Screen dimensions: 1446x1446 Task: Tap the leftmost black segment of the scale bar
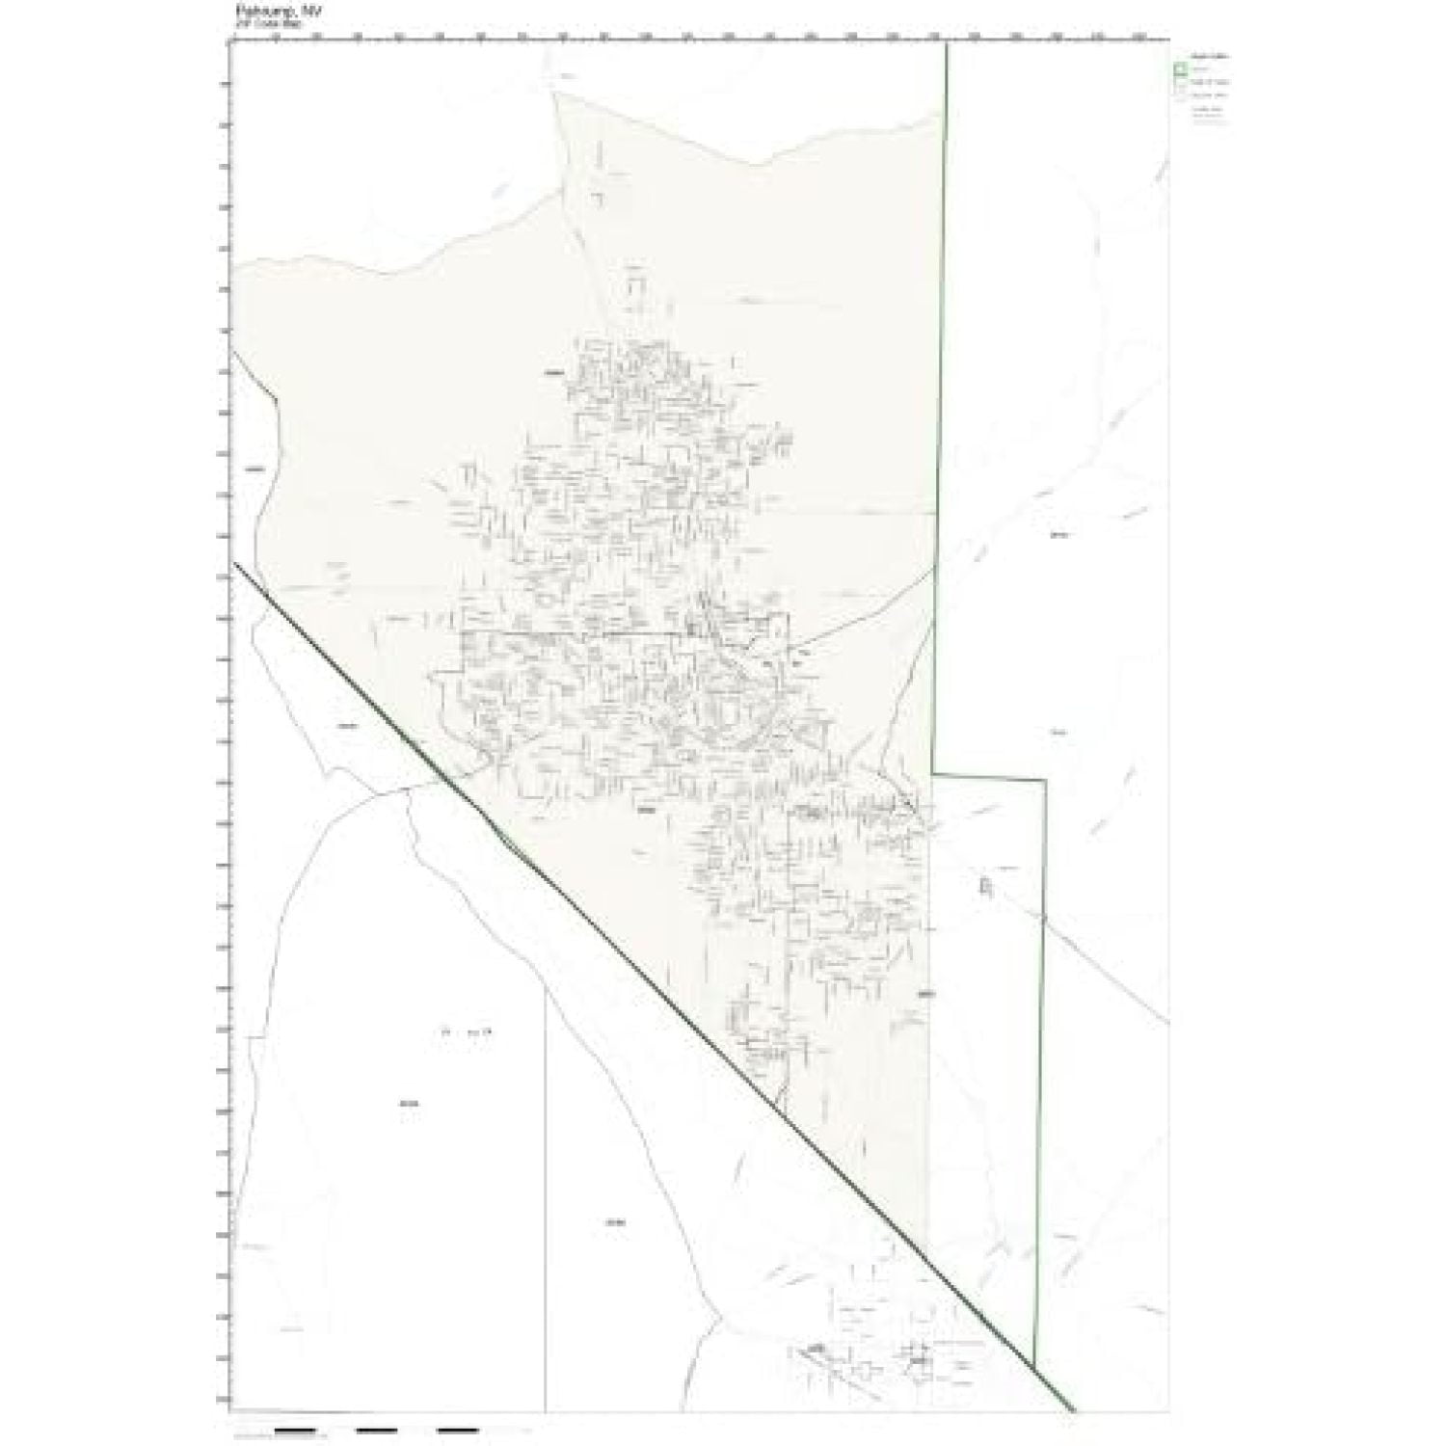297,1430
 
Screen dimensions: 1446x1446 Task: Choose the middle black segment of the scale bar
377,1430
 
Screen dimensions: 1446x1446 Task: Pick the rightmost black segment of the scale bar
458,1430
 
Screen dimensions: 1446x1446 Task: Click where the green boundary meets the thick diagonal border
1034,1366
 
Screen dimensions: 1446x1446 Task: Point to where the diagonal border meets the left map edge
232,563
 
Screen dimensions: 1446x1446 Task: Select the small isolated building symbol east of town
984,885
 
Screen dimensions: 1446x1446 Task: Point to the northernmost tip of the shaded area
555,93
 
